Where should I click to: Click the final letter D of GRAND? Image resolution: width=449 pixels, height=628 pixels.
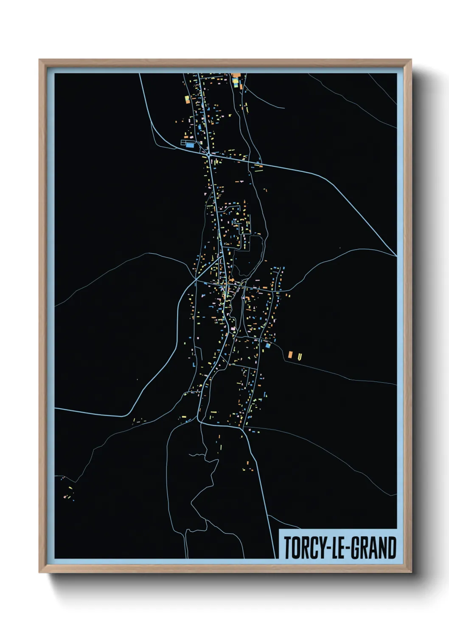[392, 548]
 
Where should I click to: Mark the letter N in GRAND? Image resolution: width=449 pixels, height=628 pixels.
[382, 548]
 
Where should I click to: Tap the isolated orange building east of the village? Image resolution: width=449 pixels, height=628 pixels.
[291, 354]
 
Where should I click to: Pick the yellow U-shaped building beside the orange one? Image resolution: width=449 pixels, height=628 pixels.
[300, 357]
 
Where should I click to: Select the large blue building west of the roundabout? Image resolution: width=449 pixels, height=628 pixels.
[189, 145]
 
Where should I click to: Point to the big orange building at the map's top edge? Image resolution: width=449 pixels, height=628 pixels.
[236, 76]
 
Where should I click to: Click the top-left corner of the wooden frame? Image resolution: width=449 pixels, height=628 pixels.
[39, 60]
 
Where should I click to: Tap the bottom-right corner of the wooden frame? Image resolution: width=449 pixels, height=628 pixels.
[411, 572]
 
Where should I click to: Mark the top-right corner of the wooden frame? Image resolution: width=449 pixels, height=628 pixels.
[411, 60]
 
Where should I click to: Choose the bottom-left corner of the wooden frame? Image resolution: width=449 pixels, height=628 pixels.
[39, 572]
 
